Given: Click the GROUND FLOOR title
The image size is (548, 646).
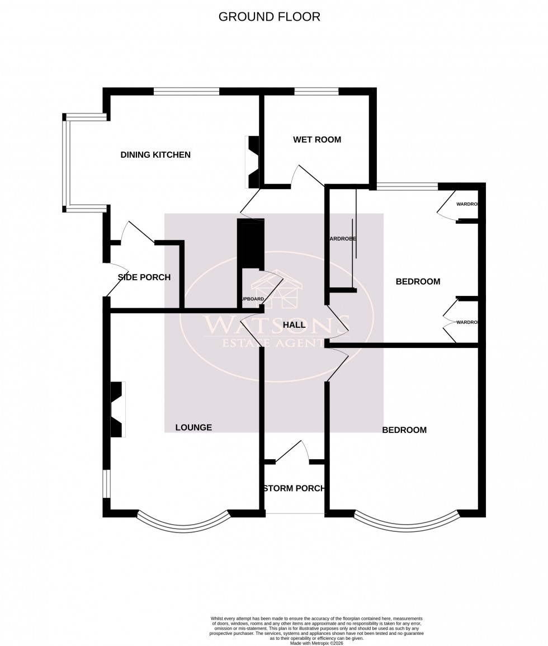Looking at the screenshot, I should click(x=269, y=17).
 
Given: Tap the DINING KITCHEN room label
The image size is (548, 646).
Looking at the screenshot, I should click(x=155, y=155).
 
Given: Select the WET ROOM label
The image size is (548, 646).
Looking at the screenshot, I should click(x=317, y=140).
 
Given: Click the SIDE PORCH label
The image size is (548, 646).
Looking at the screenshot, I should click(x=144, y=277).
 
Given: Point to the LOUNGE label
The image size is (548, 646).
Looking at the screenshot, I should click(x=193, y=428).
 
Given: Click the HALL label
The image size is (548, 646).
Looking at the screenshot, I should click(x=294, y=325).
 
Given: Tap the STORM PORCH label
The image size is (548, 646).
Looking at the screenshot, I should click(x=294, y=488).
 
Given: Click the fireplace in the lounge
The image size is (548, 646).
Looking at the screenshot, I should click(x=117, y=409).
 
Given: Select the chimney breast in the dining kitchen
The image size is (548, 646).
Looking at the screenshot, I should click(x=252, y=162).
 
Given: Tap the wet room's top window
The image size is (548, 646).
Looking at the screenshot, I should click(x=316, y=92).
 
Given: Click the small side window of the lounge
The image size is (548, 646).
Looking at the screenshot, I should click(x=106, y=484).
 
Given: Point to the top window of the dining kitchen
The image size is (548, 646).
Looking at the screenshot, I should click(x=186, y=92).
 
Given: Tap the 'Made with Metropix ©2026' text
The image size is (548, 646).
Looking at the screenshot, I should click(x=316, y=643).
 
